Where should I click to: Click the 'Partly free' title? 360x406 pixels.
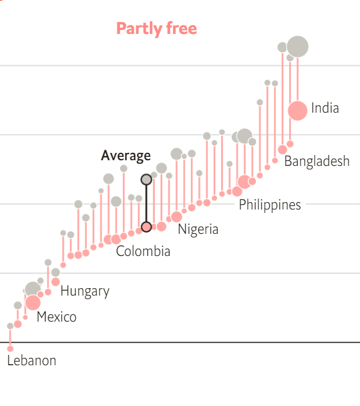[156, 28]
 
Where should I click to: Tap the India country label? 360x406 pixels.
[325, 108]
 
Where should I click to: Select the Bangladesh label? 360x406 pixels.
[317, 161]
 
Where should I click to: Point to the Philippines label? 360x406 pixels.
[270, 204]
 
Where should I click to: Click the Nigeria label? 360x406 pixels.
[198, 229]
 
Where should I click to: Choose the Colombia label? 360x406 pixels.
[143, 251]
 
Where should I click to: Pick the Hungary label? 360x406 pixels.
[85, 291]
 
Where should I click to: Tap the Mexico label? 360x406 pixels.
[57, 317]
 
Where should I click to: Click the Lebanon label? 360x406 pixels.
[32, 360]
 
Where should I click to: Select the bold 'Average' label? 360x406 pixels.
[126, 156]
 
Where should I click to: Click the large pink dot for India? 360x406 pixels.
[297, 110]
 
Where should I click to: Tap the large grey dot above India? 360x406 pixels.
[298, 46]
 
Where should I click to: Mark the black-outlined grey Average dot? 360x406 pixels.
[146, 180]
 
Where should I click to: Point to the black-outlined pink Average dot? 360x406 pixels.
[146, 227]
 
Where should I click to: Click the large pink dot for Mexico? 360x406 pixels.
[33, 302]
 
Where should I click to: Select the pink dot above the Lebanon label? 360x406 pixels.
[10, 348]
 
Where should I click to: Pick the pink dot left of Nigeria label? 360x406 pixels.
[176, 217]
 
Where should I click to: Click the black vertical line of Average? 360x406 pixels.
[146, 203]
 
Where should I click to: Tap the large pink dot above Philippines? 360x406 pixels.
[244, 182]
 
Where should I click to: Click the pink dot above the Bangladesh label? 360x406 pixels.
[282, 149]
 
